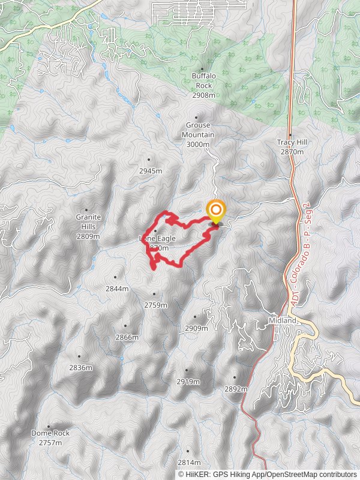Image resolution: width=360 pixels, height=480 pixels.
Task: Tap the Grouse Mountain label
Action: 198,134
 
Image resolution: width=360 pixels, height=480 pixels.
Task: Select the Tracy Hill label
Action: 290,147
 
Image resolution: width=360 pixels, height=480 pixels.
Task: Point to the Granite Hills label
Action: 88,227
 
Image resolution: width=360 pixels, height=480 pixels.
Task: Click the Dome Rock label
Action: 50,437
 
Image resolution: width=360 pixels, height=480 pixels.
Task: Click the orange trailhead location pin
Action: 215,212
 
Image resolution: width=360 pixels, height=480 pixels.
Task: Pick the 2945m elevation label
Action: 151,170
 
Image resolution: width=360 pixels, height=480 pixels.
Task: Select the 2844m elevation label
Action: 117,289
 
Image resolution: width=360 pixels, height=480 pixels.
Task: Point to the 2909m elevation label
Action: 196,328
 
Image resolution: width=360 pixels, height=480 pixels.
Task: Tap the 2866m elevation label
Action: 127,337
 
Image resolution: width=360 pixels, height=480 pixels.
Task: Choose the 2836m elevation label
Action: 80,367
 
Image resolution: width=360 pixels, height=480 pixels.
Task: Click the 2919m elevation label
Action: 188,382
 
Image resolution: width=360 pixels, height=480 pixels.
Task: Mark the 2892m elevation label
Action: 236,389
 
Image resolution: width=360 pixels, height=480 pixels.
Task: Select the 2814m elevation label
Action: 189,462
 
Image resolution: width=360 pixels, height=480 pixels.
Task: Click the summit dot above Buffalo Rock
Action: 202,69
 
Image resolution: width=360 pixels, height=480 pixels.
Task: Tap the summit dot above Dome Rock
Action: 49,426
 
